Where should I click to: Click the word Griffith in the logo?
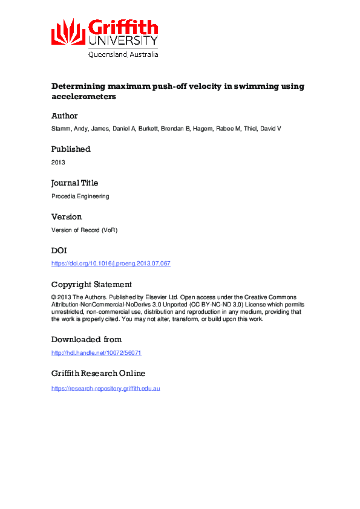pyautogui.click(x=123, y=27)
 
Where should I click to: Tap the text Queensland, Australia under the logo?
pyautogui.click(x=123, y=54)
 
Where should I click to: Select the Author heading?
pyautogui.click(x=64, y=115)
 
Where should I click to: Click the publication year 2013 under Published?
pyautogui.click(x=58, y=163)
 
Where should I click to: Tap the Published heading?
pyautogui.click(x=71, y=149)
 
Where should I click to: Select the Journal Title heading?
pyautogui.click(x=74, y=183)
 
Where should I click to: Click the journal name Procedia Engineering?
pyautogui.click(x=80, y=196)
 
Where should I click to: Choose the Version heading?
pyautogui.click(x=67, y=217)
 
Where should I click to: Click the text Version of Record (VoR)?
pyautogui.click(x=85, y=230)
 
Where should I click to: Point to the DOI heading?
pyautogui.click(x=59, y=250)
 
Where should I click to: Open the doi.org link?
pyautogui.click(x=111, y=264)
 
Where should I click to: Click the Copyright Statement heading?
pyautogui.click(x=91, y=284)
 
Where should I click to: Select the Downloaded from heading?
pyautogui.click(x=87, y=339)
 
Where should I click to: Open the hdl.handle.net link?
pyautogui.click(x=97, y=353)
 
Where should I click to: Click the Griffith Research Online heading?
pyautogui.click(x=98, y=374)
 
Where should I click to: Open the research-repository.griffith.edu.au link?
pyautogui.click(x=105, y=387)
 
